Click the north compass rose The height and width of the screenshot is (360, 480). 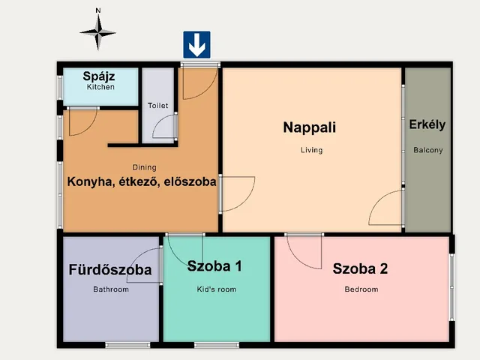coord(98,31)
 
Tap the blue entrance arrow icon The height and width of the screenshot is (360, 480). coord(197,45)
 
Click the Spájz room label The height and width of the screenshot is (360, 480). coord(100,76)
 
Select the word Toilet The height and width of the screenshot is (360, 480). coord(158,106)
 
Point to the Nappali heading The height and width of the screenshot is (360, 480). coord(309,127)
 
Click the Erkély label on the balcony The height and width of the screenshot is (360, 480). coord(427,124)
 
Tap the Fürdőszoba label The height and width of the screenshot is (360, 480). coord(110,270)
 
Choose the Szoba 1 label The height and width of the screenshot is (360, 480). coord(214,265)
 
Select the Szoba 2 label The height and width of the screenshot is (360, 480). coord(361,269)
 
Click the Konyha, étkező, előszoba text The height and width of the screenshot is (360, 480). coord(142,181)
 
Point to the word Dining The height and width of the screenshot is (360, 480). coord(144,167)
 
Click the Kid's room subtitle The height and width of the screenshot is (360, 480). coord(216,289)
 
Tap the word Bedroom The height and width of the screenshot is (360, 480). coord(361,289)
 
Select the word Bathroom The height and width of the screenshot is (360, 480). coord(111,289)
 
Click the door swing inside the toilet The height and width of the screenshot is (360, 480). coord(165,127)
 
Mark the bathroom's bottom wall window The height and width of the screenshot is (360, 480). coord(121,345)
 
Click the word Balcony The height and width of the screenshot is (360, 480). coord(428,150)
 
